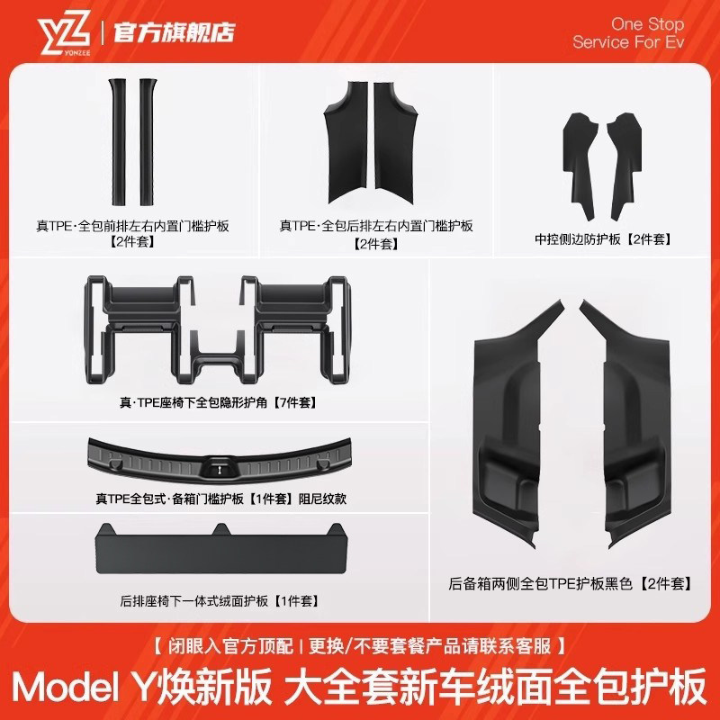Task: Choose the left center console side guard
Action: point(580,157)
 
